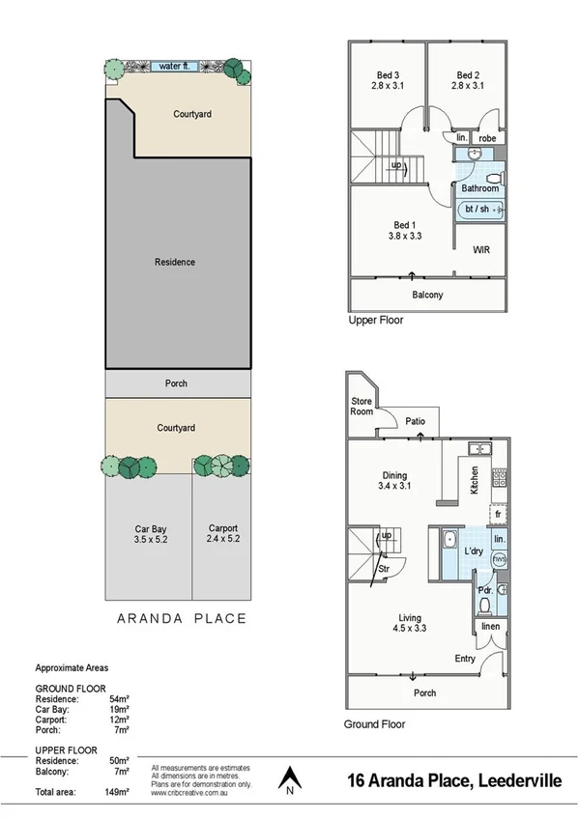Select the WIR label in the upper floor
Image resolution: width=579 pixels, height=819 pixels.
pyautogui.click(x=480, y=250)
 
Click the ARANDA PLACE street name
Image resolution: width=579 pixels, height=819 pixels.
pyautogui.click(x=181, y=618)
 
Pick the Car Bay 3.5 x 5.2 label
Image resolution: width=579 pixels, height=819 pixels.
pyautogui.click(x=153, y=534)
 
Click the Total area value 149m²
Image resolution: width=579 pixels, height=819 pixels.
pyautogui.click(x=117, y=793)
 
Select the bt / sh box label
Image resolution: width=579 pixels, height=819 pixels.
pyautogui.click(x=477, y=209)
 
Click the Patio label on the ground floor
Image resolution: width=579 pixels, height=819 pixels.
pyautogui.click(x=416, y=421)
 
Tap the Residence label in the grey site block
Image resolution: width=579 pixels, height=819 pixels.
pyautogui.click(x=175, y=262)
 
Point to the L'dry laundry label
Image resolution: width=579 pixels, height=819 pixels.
pyautogui.click(x=474, y=551)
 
